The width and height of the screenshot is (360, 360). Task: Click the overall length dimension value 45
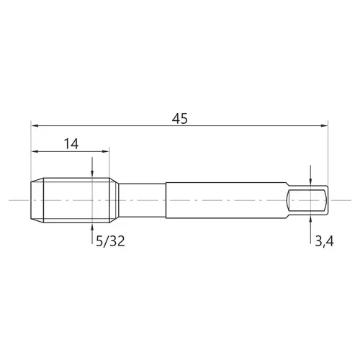(x=180, y=119)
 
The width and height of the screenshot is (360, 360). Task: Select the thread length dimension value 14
(x=71, y=144)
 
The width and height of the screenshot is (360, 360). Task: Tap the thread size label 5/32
(x=110, y=241)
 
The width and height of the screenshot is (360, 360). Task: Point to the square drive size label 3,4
(x=324, y=241)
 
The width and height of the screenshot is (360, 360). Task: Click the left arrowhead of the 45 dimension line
(x=35, y=125)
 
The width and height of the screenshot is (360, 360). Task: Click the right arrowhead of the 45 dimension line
(x=324, y=125)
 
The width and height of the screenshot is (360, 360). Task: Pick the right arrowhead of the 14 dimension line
(x=106, y=151)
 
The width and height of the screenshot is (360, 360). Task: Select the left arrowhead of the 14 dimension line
(x=35, y=151)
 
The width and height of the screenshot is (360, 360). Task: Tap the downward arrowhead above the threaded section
(x=92, y=174)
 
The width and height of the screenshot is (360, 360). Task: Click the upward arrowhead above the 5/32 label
(x=92, y=227)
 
